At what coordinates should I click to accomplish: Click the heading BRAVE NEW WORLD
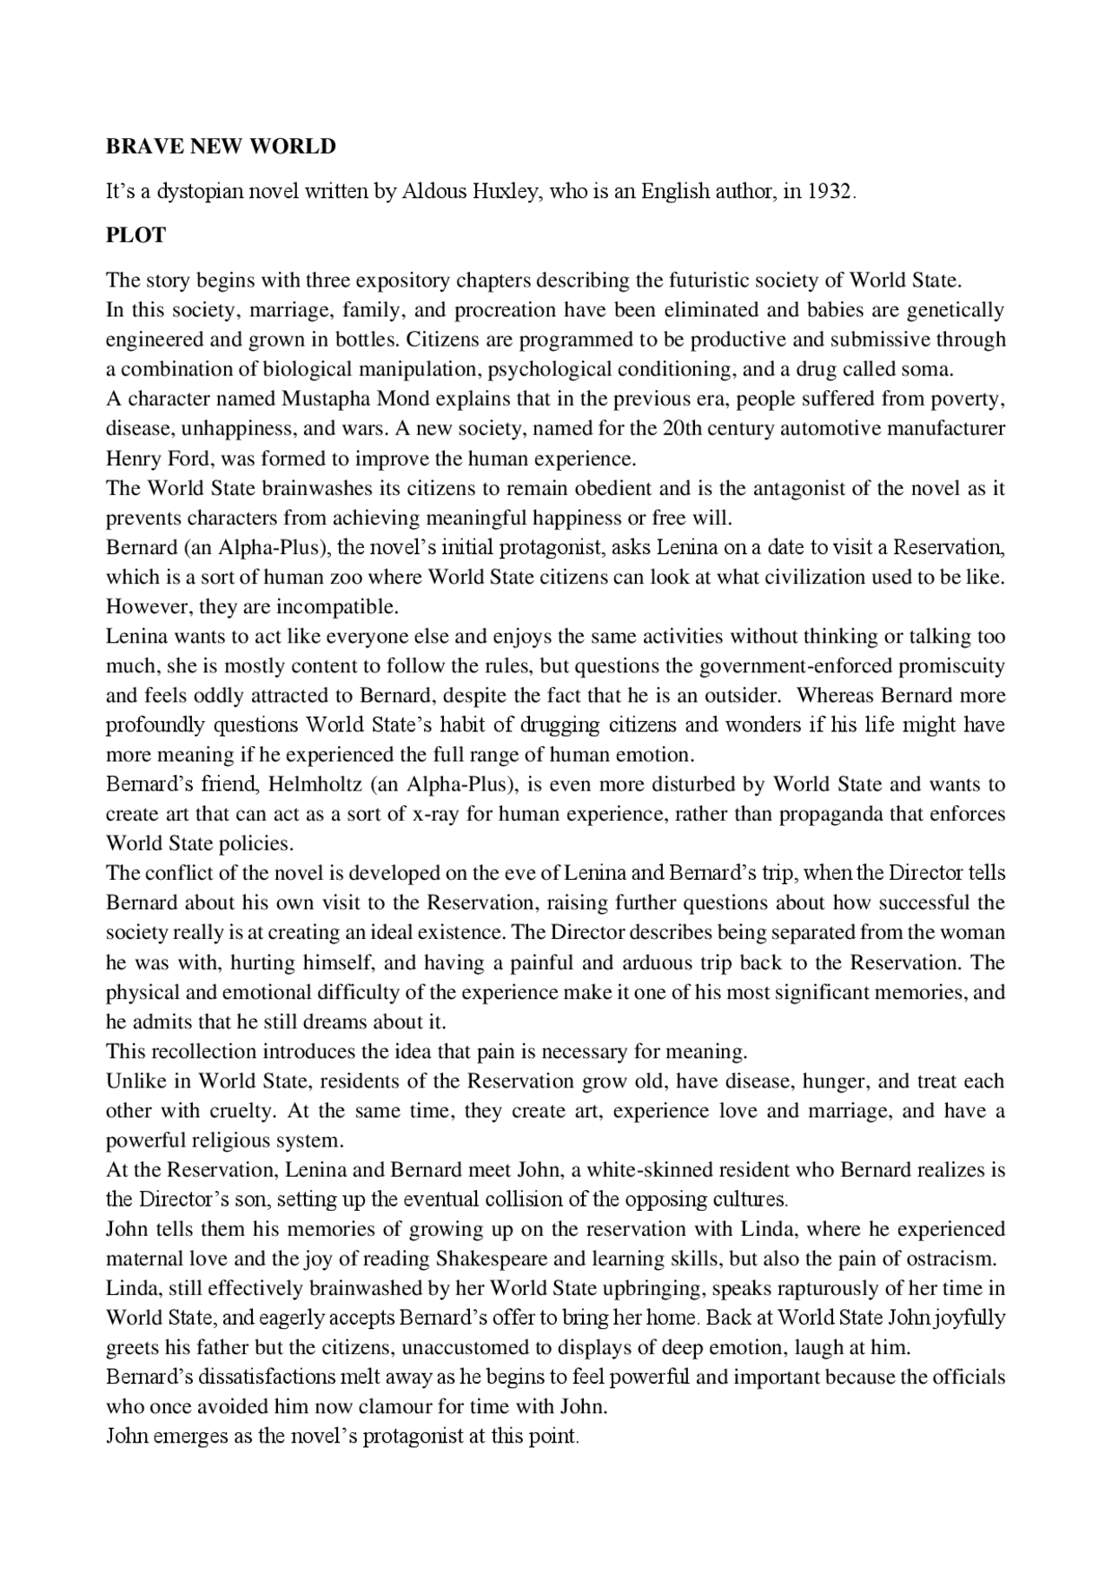pyautogui.click(x=221, y=146)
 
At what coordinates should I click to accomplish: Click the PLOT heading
pyautogui.click(x=136, y=235)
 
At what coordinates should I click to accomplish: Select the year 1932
pyautogui.click(x=831, y=191)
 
